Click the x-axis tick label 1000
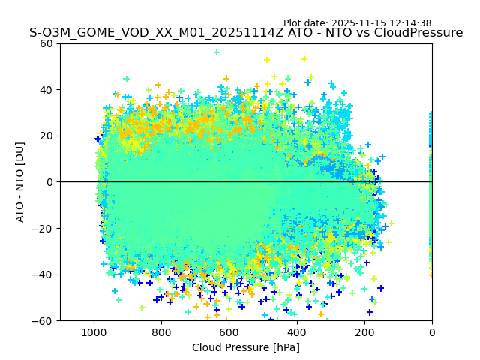click(94, 331)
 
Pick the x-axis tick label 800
click(161, 331)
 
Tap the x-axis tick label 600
click(229, 331)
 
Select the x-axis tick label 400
click(296, 331)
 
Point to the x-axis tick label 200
click(364, 331)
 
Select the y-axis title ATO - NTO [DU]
click(21, 182)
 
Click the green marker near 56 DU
click(217, 52)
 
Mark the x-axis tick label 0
click(432, 331)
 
